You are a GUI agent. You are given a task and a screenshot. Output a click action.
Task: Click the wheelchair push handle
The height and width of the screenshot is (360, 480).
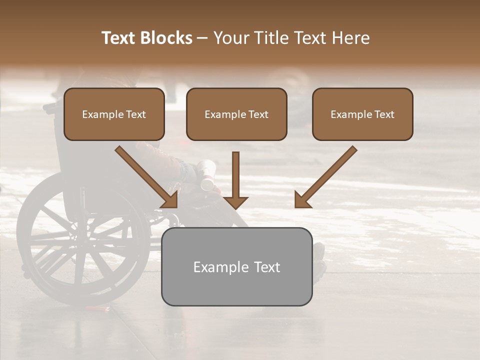click(50, 106)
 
